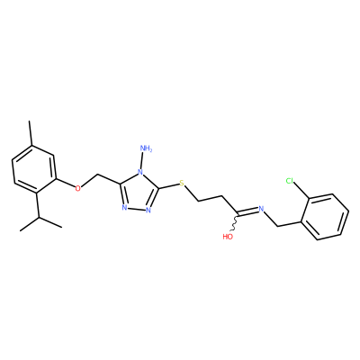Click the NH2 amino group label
[x=146, y=148]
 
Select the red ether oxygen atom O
[x=78, y=188]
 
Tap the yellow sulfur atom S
[x=181, y=183]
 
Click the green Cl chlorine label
[x=290, y=181]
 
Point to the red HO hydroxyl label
[x=228, y=237]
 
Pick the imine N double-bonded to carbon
[x=261, y=209]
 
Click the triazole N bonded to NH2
[x=139, y=173]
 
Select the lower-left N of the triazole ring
[x=125, y=208]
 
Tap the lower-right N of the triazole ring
[x=148, y=210]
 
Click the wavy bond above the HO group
[x=234, y=222]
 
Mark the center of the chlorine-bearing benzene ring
[x=325, y=217]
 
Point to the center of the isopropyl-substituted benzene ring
[x=34, y=169]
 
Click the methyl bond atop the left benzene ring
[x=30, y=133]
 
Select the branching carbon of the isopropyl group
[x=39, y=217]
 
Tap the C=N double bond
[x=247, y=211]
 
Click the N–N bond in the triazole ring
[x=137, y=209]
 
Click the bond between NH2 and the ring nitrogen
[x=142, y=161]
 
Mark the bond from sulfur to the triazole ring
[x=169, y=186]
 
